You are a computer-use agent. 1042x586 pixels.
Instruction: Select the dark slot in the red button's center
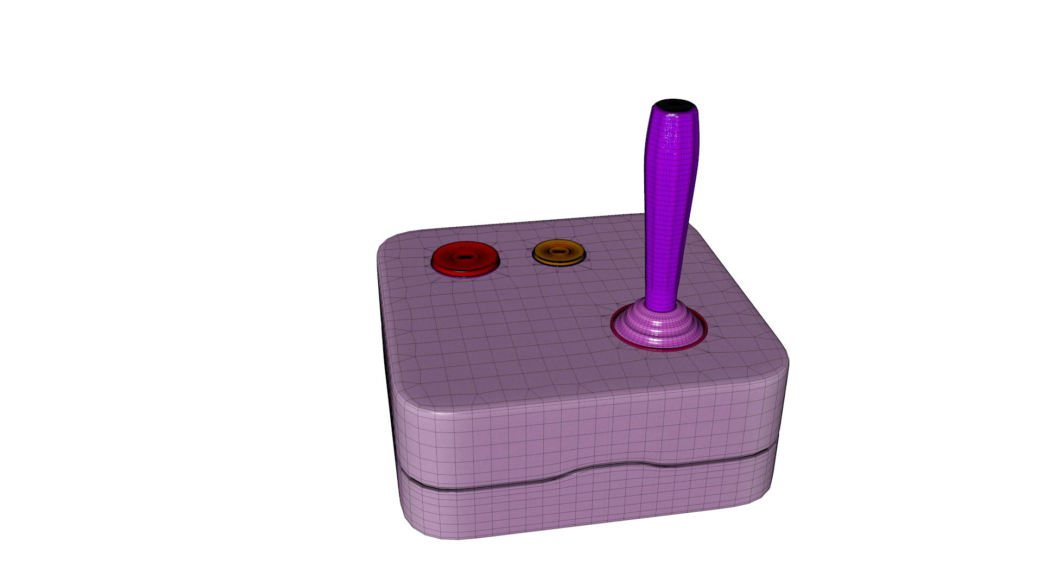tap(464, 256)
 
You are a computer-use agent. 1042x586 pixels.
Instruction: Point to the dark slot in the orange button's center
tap(558, 251)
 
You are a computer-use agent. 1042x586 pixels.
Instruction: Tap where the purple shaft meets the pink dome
tap(661, 308)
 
